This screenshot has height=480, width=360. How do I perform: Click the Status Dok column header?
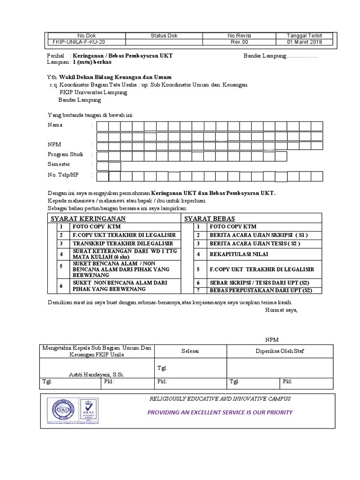[164, 36]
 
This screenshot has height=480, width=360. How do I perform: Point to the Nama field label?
[55, 125]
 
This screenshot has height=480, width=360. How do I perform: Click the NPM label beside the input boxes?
[54, 144]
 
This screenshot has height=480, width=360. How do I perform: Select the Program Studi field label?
[66, 154]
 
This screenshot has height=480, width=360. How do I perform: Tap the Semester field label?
[59, 164]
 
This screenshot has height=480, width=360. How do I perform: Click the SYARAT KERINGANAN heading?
[88, 218]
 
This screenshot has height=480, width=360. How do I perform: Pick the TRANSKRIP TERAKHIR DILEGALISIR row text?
[122, 244]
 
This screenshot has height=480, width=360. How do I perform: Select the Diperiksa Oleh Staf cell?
[279, 351]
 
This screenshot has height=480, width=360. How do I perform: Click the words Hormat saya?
[281, 310]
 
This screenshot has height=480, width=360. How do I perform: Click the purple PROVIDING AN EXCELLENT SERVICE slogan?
[220, 412]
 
